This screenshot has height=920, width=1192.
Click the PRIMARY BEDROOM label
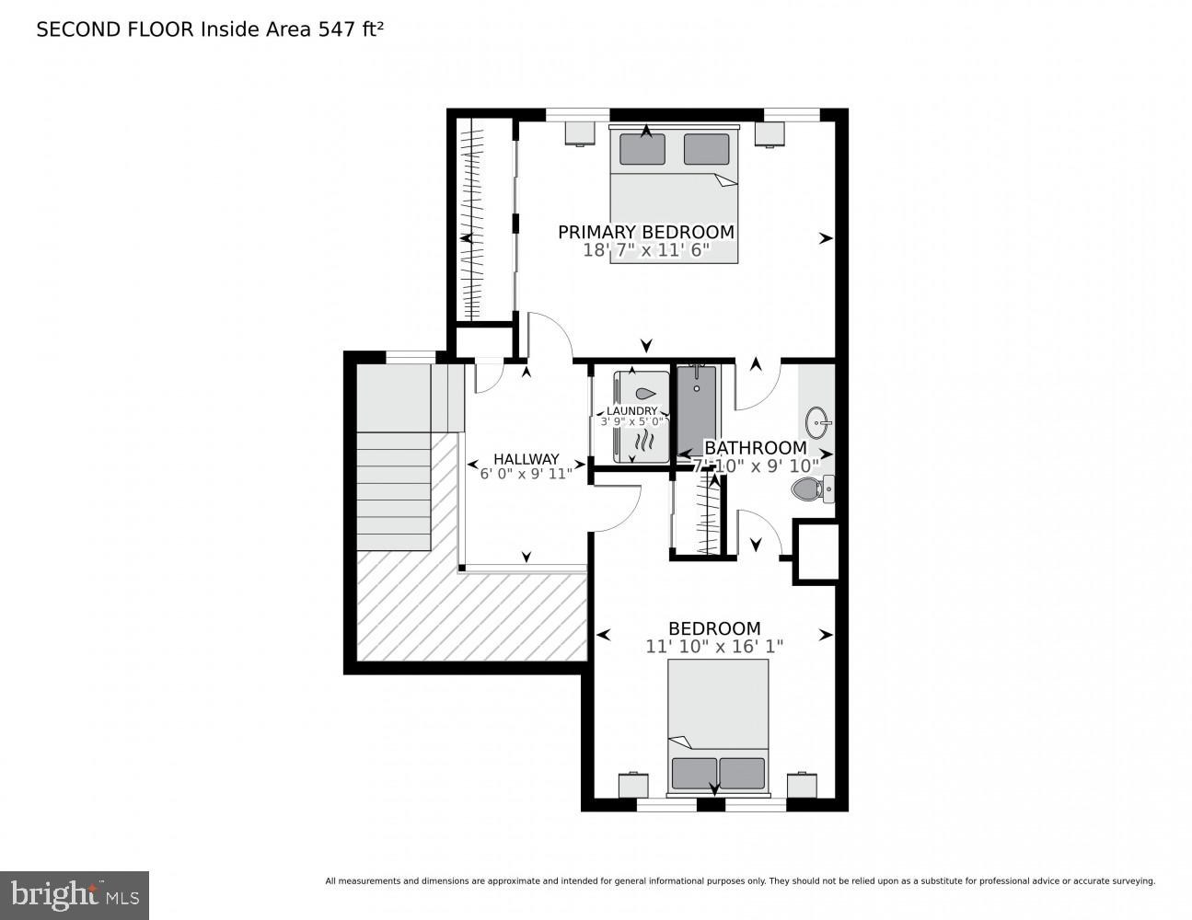645,232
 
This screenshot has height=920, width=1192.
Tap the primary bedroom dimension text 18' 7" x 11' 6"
645,250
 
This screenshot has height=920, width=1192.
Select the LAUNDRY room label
631,411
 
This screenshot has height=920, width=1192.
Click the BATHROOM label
755,448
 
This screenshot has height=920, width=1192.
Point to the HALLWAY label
526,459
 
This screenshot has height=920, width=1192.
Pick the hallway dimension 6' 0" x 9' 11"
526,474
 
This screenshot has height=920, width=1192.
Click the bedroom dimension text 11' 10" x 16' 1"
713,647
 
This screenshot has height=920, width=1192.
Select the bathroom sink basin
816,423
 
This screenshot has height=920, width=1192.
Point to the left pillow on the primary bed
642,149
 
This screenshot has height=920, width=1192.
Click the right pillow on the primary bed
706,149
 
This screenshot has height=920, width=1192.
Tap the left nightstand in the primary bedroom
579,133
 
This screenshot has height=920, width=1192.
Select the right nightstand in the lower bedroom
802,785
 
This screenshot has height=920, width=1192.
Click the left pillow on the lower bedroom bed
694,773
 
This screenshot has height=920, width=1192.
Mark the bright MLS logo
75,894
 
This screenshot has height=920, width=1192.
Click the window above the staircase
411,357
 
